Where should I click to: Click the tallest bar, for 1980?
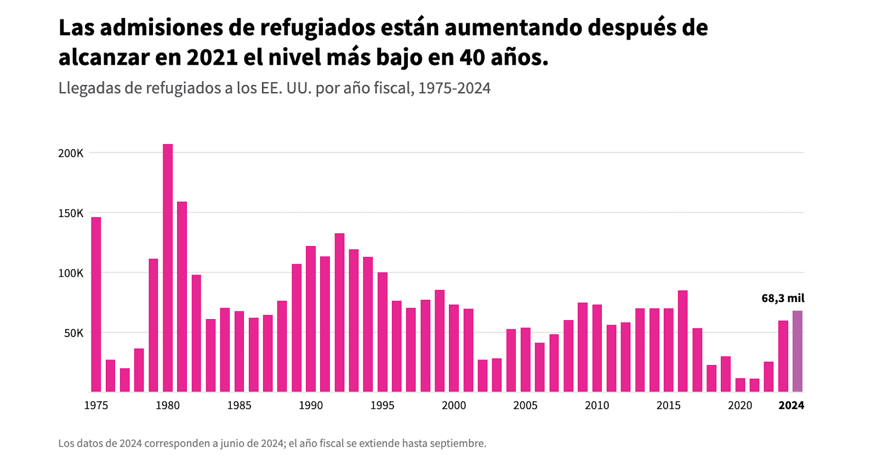click(x=168, y=269)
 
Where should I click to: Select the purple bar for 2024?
click(x=798, y=351)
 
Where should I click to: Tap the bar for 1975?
click(x=96, y=304)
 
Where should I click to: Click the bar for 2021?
click(x=755, y=385)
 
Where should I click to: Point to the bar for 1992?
click(x=340, y=312)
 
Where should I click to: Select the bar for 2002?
click(x=483, y=376)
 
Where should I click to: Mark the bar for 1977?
click(x=125, y=380)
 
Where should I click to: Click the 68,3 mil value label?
click(x=783, y=298)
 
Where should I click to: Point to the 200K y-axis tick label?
click(x=71, y=153)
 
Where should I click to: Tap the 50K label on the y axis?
click(x=73, y=333)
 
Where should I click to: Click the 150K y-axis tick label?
click(x=71, y=213)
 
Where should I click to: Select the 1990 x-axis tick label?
click(x=311, y=406)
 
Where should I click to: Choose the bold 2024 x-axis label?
click(x=791, y=406)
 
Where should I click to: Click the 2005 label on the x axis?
click(x=525, y=406)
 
